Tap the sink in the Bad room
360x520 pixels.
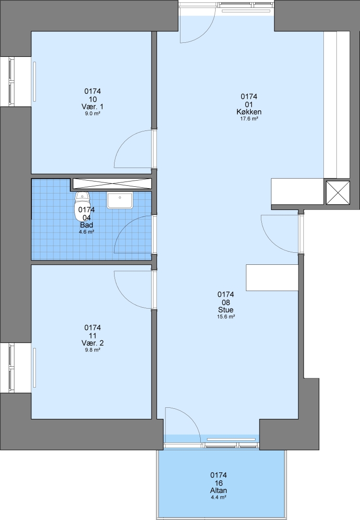(120, 200)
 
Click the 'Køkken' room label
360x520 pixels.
(249, 112)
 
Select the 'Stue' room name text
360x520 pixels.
(226, 310)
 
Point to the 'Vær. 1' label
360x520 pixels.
(92, 106)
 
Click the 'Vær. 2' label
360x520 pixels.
(92, 343)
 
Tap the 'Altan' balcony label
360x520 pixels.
(219, 491)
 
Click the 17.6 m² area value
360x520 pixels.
(249, 118)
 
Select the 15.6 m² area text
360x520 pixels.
(226, 316)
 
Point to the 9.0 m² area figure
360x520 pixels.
(92, 113)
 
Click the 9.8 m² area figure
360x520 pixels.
(92, 350)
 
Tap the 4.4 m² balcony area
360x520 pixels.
(219, 497)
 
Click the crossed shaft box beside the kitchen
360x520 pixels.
(338, 193)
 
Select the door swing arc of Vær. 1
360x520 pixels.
(125, 142)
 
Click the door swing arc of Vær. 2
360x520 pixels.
(125, 297)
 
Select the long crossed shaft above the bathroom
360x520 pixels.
(112, 183)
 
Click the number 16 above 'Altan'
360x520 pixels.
(219, 483)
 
